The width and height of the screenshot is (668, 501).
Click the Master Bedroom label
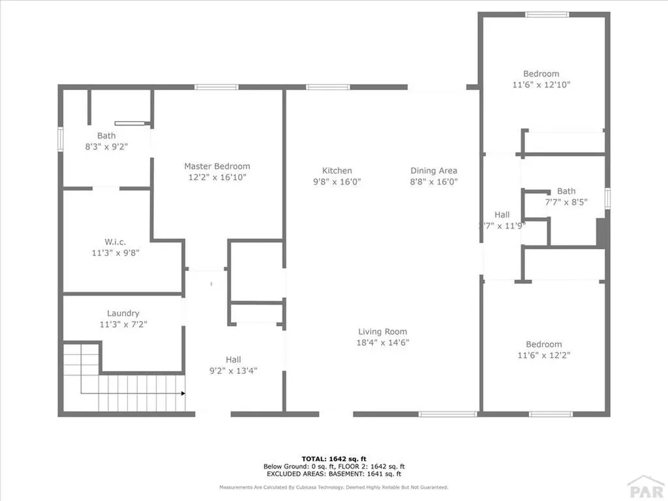coord(217,166)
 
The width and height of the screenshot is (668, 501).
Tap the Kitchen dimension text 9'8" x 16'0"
coord(337,182)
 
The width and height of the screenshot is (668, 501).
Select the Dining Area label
coord(434,171)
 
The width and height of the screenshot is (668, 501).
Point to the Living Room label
coord(382,331)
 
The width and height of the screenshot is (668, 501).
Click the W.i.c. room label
coord(114,242)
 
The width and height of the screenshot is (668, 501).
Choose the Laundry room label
coord(123,313)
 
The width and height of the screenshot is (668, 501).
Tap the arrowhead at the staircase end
coord(183,393)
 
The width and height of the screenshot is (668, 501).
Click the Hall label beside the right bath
coord(502,215)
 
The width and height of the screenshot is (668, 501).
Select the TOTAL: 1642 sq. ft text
coord(333,459)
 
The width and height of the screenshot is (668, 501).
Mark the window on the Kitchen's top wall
coord(327,87)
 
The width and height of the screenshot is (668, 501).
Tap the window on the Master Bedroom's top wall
coord(215,87)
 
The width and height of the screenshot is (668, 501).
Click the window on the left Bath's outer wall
coord(60,140)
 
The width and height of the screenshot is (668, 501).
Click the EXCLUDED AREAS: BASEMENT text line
coord(333,474)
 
